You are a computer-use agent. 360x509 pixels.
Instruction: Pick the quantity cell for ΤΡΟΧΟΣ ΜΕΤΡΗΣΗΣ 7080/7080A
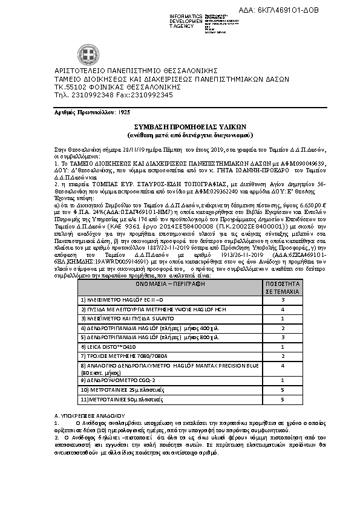tap(283, 356)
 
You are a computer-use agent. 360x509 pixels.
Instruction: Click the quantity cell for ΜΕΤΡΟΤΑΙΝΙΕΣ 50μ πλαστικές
tap(283, 400)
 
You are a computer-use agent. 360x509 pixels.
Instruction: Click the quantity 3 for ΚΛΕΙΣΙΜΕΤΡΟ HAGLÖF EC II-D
tap(283, 300)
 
